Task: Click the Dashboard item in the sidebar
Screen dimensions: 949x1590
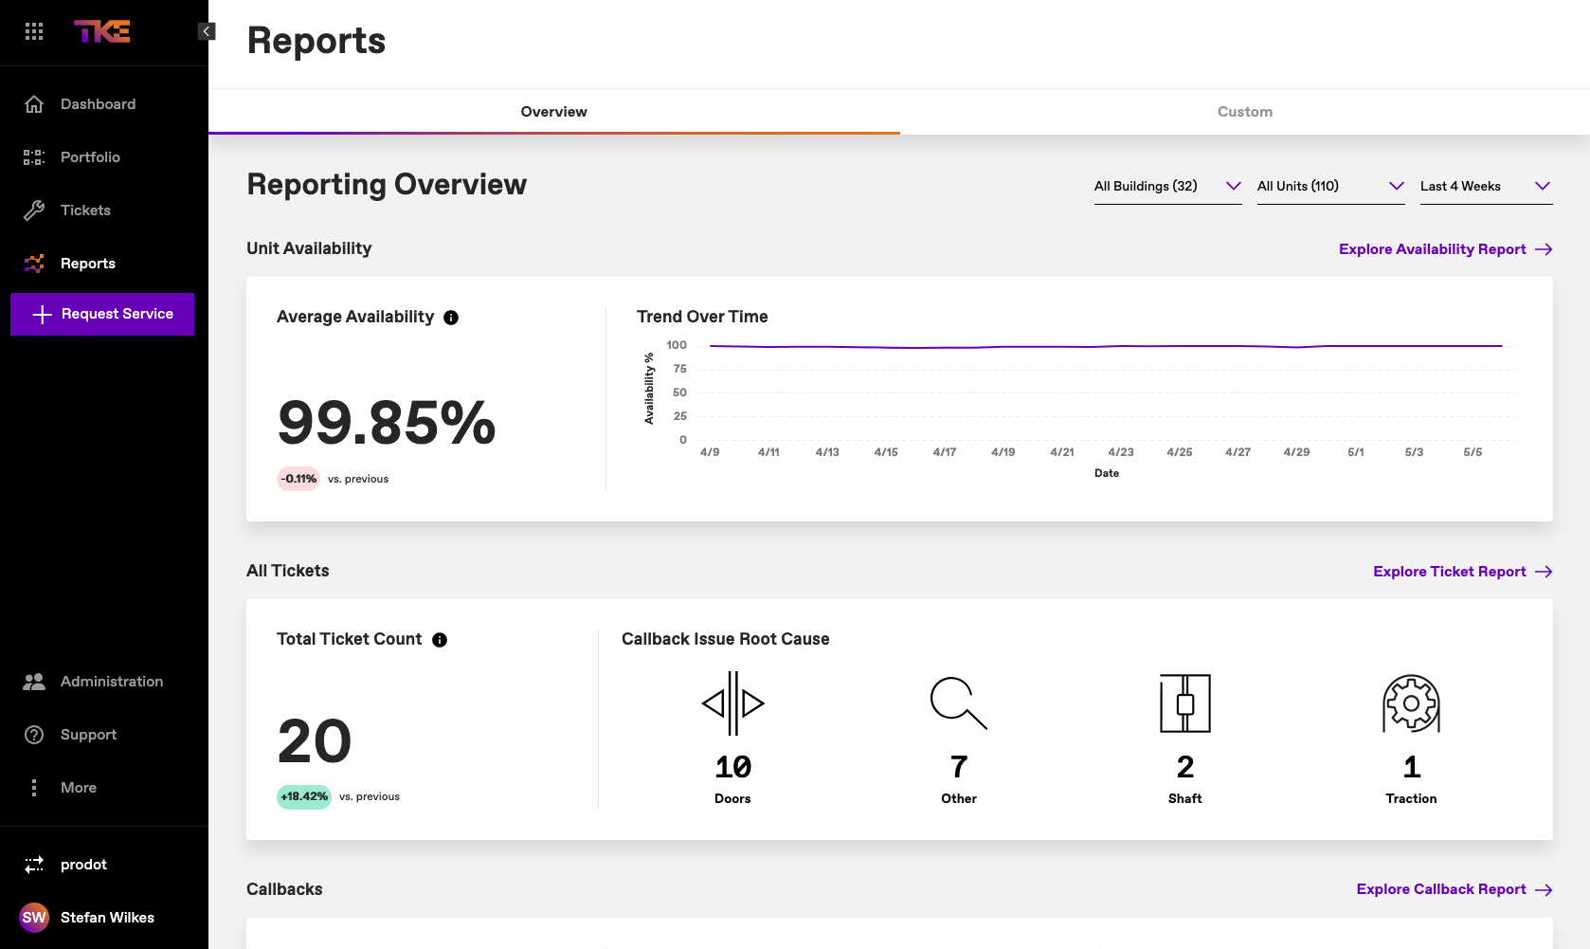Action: pos(98,104)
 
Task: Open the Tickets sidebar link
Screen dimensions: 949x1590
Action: pos(85,210)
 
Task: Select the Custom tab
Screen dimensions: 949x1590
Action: pos(1244,112)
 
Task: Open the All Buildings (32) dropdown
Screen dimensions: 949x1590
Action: pos(1167,187)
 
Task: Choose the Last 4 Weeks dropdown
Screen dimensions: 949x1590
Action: pos(1485,187)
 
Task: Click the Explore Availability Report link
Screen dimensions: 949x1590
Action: pos(1444,249)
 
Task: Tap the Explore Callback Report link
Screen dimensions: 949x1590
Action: pos(1454,889)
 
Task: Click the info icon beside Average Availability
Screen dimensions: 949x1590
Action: pos(451,318)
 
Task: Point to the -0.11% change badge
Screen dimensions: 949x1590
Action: pos(298,479)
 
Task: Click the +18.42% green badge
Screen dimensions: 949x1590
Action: pos(304,796)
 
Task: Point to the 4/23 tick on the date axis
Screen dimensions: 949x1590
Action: pos(1121,452)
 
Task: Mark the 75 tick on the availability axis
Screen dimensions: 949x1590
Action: pos(679,369)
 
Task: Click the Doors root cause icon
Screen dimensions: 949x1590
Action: pos(732,703)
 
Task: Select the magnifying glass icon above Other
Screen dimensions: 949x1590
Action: pos(958,703)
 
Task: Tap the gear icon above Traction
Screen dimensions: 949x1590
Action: pos(1411,703)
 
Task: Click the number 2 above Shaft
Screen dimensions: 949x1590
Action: pos(1184,766)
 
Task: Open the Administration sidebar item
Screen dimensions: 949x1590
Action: pos(111,682)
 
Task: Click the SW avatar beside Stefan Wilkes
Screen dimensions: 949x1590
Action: pos(34,918)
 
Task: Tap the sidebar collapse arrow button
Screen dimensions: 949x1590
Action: pos(207,31)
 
